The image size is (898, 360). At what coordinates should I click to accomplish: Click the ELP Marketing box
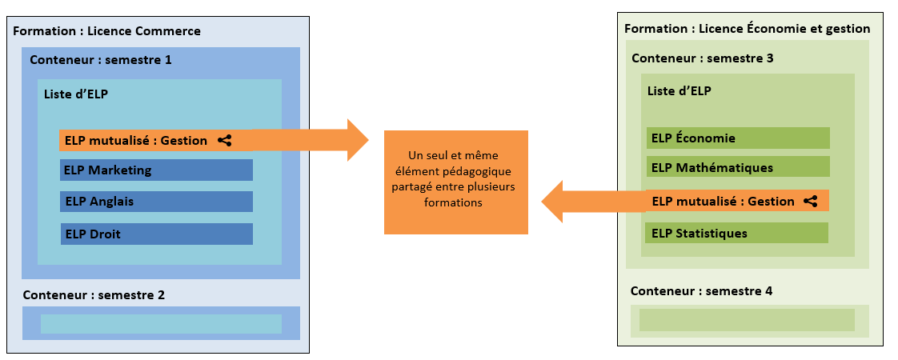[156, 170]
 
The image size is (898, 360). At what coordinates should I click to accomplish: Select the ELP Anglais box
[156, 202]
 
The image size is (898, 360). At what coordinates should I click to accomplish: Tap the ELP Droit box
[156, 234]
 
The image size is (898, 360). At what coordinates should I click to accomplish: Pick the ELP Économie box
[738, 138]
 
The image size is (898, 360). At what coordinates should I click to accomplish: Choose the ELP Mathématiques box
[738, 168]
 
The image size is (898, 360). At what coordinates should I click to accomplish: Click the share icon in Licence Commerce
[225, 141]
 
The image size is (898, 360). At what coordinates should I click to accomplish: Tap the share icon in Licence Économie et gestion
[811, 202]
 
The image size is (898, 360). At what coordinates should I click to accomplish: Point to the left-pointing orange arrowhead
[554, 202]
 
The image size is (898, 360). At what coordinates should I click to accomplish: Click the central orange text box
[455, 182]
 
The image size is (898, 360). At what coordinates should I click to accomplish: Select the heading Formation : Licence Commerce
[106, 31]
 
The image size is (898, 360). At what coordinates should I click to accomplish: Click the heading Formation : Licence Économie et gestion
[747, 29]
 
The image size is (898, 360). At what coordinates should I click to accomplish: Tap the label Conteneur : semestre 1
[100, 60]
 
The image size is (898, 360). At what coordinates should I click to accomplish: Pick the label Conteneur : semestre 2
[94, 295]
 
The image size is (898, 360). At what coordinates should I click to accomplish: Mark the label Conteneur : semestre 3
[702, 58]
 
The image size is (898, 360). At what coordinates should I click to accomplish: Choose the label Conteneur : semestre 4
[701, 291]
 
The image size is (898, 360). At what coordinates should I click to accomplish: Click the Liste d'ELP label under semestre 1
[76, 94]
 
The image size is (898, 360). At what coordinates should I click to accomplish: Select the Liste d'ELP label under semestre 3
[679, 91]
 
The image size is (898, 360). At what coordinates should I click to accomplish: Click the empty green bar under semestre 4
[747, 320]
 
